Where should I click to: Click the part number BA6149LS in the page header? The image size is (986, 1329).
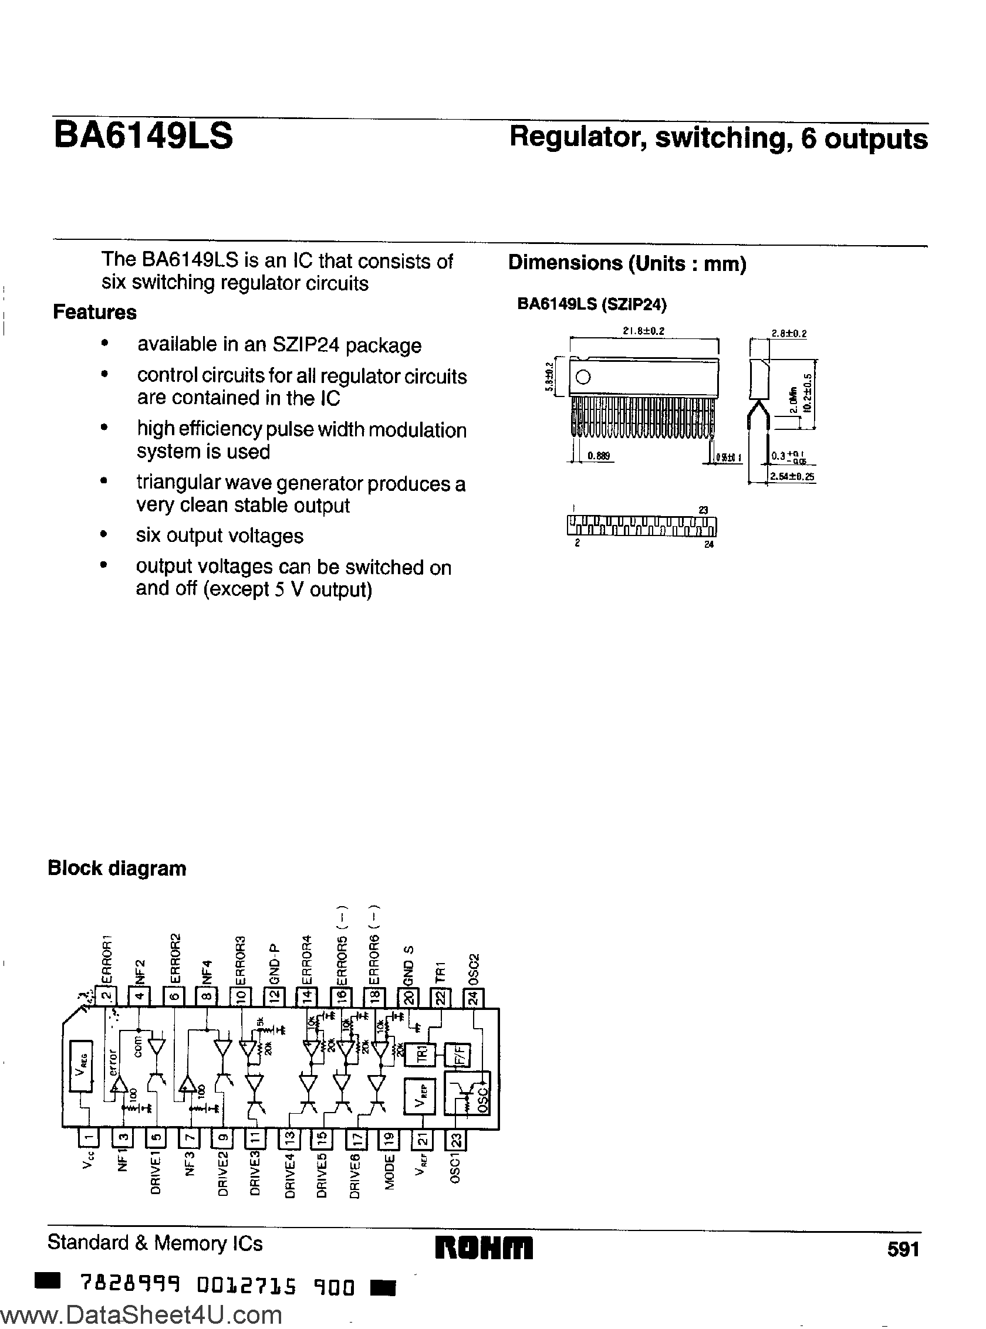pyautogui.click(x=143, y=136)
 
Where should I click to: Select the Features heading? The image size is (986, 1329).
pyautogui.click(x=94, y=312)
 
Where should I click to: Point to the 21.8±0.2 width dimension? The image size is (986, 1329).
pyautogui.click(x=643, y=330)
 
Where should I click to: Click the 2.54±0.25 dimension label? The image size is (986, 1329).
pyautogui.click(x=792, y=477)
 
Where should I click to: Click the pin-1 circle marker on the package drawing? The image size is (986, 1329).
pyautogui.click(x=584, y=377)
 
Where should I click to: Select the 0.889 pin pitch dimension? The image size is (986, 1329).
pyautogui.click(x=599, y=456)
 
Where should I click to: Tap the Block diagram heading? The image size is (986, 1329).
pyautogui.click(x=117, y=868)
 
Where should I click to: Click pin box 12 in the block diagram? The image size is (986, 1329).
pyautogui.click(x=275, y=996)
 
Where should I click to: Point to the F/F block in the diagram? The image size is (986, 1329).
pyautogui.click(x=461, y=1055)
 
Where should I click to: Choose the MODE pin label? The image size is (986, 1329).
pyautogui.click(x=390, y=1172)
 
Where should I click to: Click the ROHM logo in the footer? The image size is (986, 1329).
pyautogui.click(x=484, y=1247)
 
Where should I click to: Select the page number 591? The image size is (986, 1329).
pyautogui.click(x=903, y=1249)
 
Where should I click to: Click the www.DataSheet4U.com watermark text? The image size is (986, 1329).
pyautogui.click(x=141, y=1314)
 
